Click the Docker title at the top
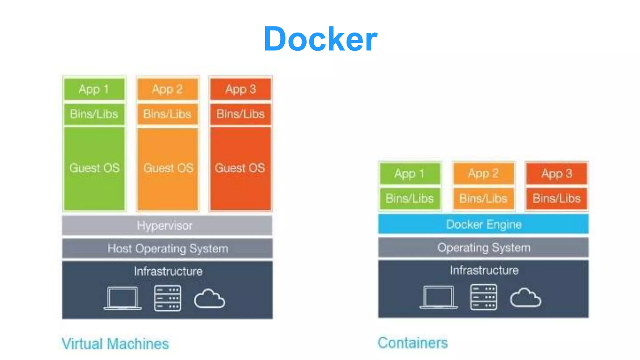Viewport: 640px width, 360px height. (x=320, y=39)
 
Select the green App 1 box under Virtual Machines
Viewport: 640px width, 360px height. (x=94, y=89)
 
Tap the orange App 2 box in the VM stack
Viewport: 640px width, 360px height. (x=167, y=89)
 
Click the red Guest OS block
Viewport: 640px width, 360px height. (x=240, y=168)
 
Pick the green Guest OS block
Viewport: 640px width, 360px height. (x=94, y=168)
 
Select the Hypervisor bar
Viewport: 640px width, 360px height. (x=167, y=225)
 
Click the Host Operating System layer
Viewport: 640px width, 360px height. (x=167, y=249)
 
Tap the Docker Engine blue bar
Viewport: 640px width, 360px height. (x=483, y=224)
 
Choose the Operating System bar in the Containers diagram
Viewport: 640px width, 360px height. (x=483, y=248)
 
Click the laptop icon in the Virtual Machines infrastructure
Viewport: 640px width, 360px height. (x=122, y=298)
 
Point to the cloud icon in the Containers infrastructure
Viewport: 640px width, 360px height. (x=526, y=298)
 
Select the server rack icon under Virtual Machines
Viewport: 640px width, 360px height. (x=167, y=298)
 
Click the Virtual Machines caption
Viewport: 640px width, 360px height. (x=115, y=344)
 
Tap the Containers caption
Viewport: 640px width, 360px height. (x=413, y=343)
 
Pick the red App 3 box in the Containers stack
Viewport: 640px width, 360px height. (x=557, y=173)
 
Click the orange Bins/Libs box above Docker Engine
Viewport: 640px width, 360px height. (x=483, y=198)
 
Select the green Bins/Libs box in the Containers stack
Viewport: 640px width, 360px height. (x=410, y=198)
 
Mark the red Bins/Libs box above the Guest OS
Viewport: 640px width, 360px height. (x=240, y=114)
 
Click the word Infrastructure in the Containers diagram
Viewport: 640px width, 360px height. (x=484, y=270)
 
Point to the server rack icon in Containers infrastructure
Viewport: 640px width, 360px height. (x=483, y=297)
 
